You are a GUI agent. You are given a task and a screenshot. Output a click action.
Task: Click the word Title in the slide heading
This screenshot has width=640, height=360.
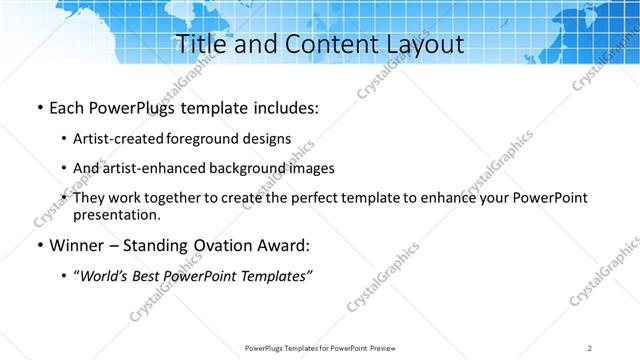point(200,45)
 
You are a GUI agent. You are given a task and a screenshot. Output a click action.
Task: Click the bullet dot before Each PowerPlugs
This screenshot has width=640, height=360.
point(38,108)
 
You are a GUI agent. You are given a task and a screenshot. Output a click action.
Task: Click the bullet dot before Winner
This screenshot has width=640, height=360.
point(38,245)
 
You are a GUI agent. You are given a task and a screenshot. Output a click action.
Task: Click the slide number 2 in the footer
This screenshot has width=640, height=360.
point(590,347)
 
